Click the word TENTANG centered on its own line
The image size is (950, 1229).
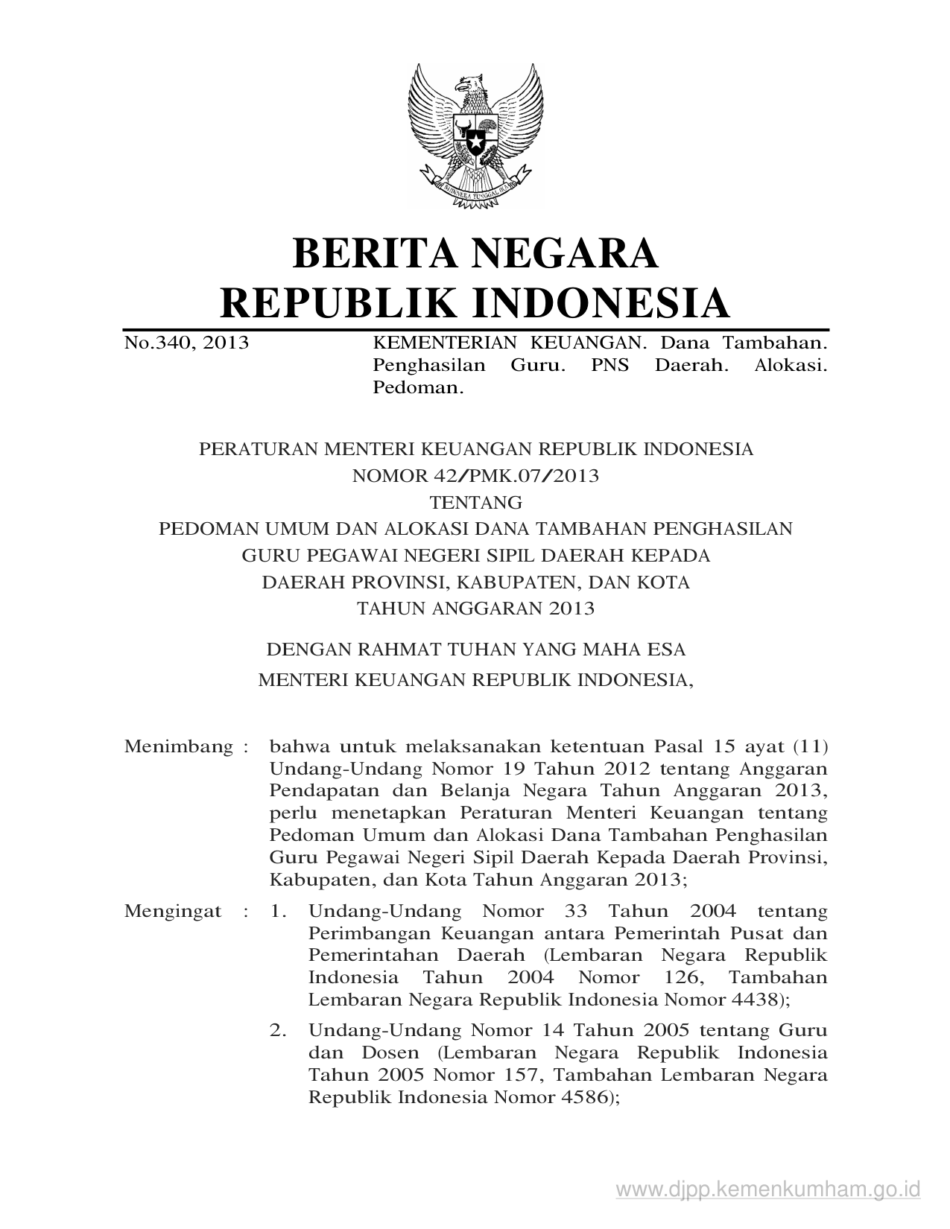click(475, 502)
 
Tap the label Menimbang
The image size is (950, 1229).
click(179, 746)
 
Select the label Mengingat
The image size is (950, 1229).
click(173, 911)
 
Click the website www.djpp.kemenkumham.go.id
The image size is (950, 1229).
click(769, 1189)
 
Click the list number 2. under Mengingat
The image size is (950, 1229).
click(278, 1031)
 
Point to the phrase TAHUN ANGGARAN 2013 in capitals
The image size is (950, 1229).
click(475, 609)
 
